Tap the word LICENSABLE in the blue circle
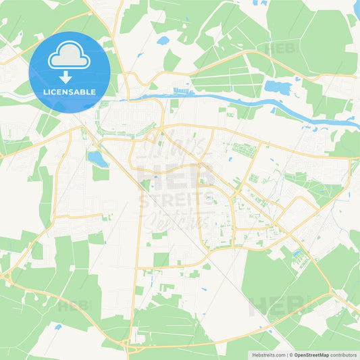pyautogui.click(x=70, y=91)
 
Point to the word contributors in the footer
pyautogui.click(x=344, y=355)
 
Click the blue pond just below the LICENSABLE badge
pyautogui.click(x=97, y=159)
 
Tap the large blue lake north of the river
pyautogui.click(x=278, y=86)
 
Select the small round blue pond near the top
pyautogui.click(x=163, y=41)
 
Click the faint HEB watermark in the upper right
pyautogui.click(x=281, y=49)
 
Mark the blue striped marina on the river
pyautogui.click(x=183, y=90)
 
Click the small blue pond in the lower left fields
pyautogui.click(x=58, y=327)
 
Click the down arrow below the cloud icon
pyautogui.click(x=69, y=76)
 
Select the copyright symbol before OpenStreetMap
pyautogui.click(x=292, y=355)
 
